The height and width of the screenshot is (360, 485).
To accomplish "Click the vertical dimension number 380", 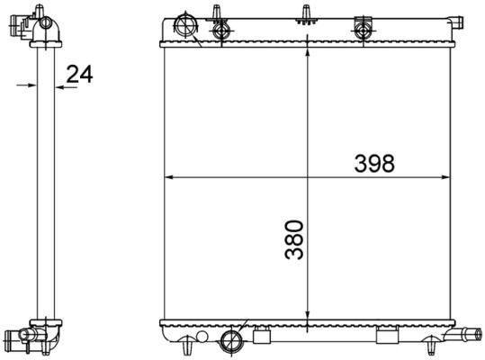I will [294, 238].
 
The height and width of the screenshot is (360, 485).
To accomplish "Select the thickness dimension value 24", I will [80, 75].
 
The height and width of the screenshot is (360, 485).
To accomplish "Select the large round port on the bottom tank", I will [231, 340].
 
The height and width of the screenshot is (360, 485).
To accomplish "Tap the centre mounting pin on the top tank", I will [307, 13].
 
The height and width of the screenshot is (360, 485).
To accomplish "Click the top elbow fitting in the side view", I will [40, 24].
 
